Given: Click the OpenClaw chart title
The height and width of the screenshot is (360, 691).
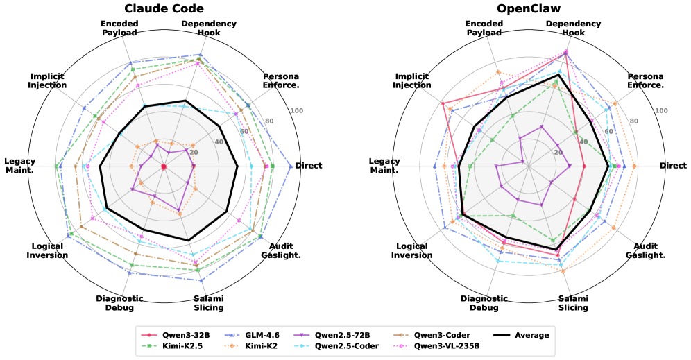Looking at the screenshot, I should pyautogui.click(x=528, y=8).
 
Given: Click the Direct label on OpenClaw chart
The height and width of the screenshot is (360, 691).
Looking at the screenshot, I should pyautogui.click(x=673, y=166).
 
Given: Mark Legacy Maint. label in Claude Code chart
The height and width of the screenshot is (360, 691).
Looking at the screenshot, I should pyautogui.click(x=19, y=166).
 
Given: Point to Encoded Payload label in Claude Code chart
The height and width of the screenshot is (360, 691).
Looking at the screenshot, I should pyautogui.click(x=119, y=28).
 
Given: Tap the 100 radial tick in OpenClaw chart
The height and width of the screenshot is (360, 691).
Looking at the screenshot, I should pyautogui.click(x=661, y=111).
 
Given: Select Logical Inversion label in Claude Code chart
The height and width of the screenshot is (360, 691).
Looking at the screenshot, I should pyautogui.click(x=48, y=250).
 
